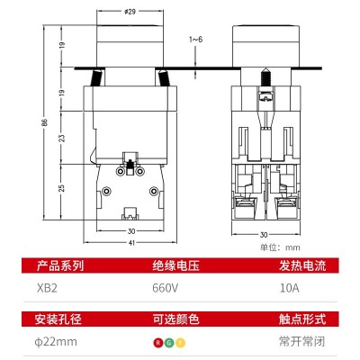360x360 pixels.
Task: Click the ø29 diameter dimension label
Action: coord(130,12)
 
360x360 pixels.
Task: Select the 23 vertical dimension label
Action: coord(61,138)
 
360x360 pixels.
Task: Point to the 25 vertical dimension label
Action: coord(61,188)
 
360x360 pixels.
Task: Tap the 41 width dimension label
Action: coord(131,243)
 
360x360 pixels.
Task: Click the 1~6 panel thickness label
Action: coord(195,40)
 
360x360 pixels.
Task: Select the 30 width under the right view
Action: coord(264,235)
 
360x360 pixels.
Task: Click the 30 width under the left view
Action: coord(131,231)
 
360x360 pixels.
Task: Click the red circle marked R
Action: coord(158,343)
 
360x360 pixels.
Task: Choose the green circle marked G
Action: coord(169,343)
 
